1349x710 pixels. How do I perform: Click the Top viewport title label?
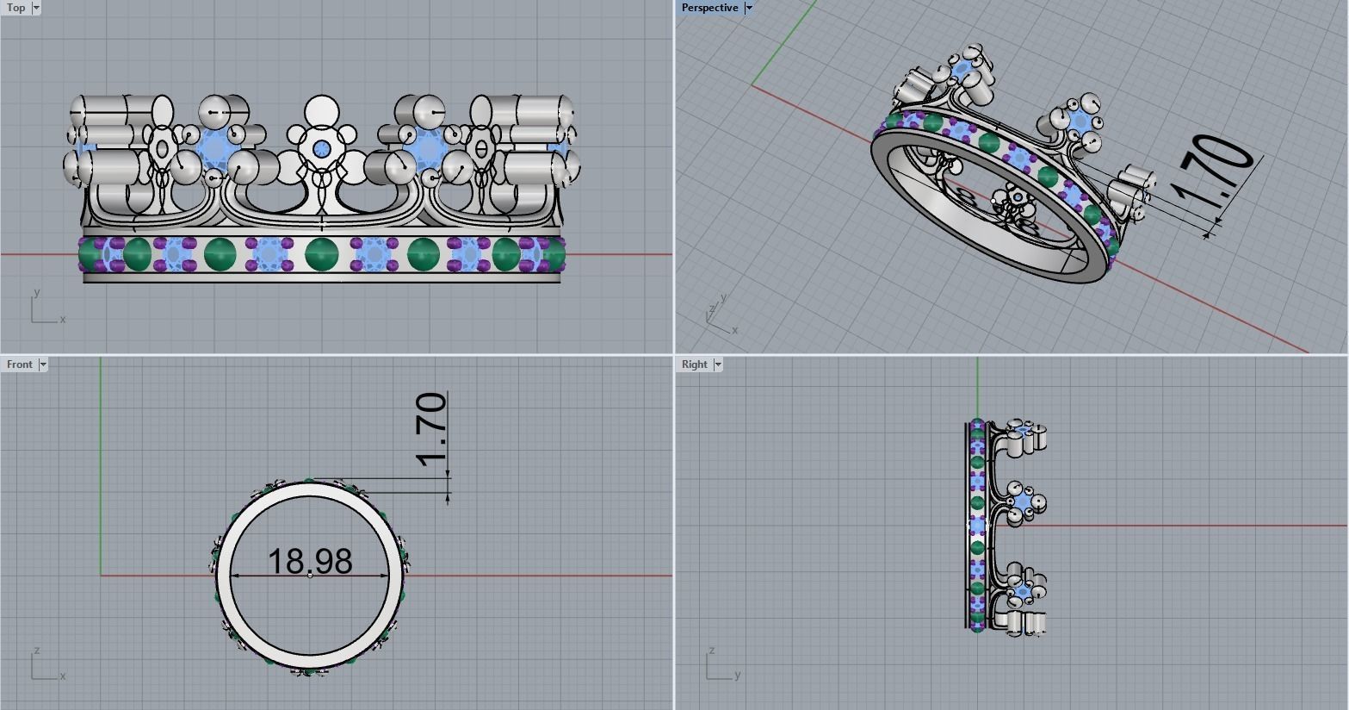pos(15,8)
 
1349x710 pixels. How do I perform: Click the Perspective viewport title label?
pos(709,8)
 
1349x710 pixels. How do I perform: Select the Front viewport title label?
pos(19,364)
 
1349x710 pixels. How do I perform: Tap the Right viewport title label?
pos(694,364)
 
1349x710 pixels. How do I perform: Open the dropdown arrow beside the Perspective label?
pos(749,8)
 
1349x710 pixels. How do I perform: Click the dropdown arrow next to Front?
pos(43,364)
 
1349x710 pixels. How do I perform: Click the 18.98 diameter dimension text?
pos(310,561)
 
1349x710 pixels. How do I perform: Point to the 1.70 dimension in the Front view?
pos(431,428)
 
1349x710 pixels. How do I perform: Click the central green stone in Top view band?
pos(322,254)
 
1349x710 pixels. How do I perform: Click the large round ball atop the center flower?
pos(322,111)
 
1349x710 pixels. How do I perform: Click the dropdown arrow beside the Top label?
pos(36,8)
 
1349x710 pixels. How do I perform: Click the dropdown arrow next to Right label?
pos(718,364)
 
